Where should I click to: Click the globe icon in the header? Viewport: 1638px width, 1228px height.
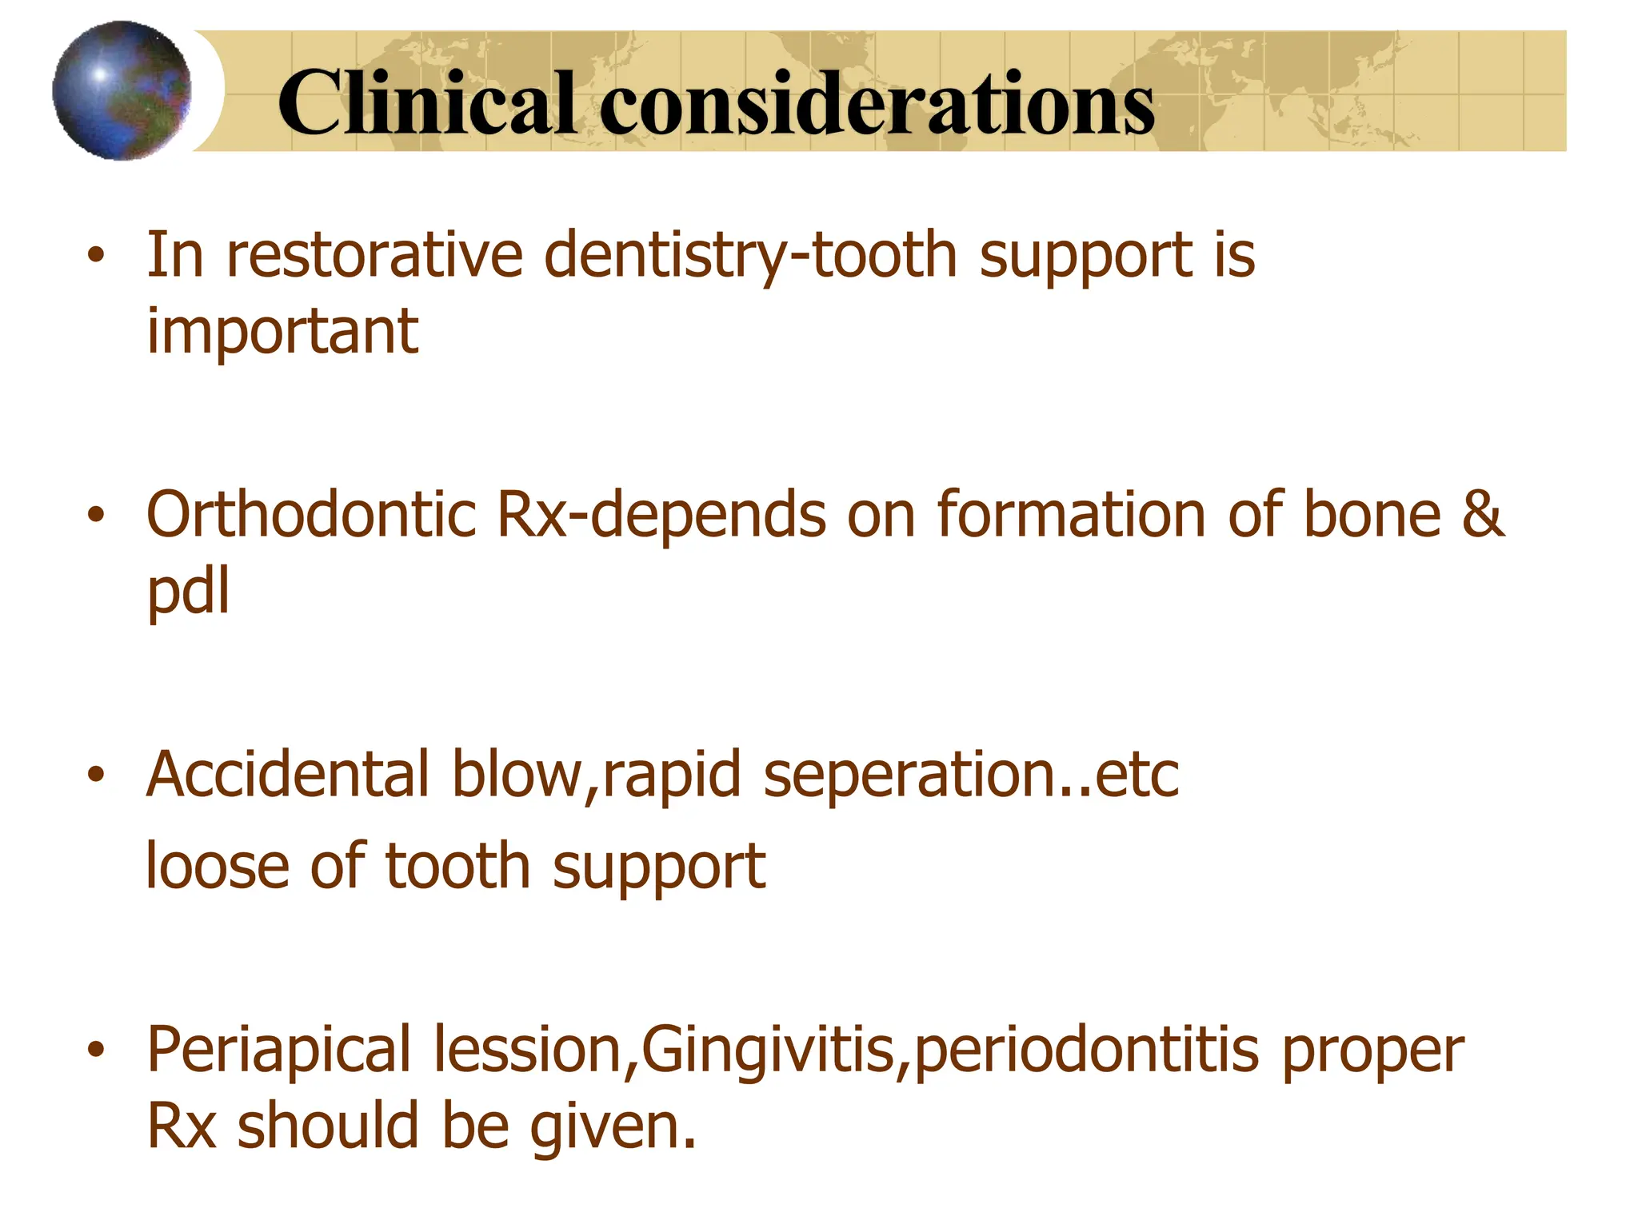coord(122,90)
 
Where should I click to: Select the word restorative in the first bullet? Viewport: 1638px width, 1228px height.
coord(374,255)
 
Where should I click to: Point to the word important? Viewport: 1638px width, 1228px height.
coord(282,331)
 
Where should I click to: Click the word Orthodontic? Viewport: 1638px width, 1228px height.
coord(312,514)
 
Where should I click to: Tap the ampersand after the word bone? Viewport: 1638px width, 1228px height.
coord(1484,514)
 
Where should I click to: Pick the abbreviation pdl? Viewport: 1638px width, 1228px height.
coord(189,591)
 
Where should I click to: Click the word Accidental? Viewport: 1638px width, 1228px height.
coord(289,774)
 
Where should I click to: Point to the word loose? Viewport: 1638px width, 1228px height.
coord(218,866)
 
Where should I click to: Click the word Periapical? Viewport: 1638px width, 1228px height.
coord(279,1050)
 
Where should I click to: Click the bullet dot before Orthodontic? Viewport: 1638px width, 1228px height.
coord(96,515)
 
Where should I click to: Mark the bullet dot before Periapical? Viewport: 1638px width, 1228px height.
coord(96,1051)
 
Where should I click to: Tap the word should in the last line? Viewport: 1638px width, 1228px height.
coord(328,1126)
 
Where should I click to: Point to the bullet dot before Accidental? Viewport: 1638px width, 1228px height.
coord(96,775)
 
